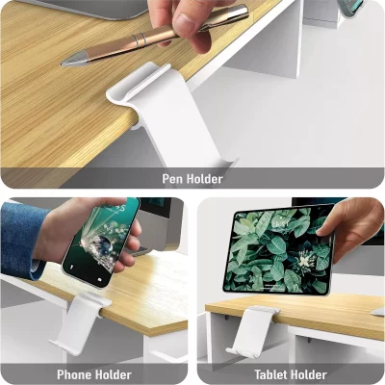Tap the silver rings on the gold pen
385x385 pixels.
(x=141, y=40)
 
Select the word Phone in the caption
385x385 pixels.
(x=74, y=374)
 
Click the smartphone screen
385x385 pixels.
(x=100, y=243)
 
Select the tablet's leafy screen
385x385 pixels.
(x=278, y=249)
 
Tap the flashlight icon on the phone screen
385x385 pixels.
(x=72, y=267)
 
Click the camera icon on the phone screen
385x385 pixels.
(x=100, y=280)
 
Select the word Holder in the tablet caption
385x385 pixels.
(x=309, y=374)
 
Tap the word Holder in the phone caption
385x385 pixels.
(x=113, y=374)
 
